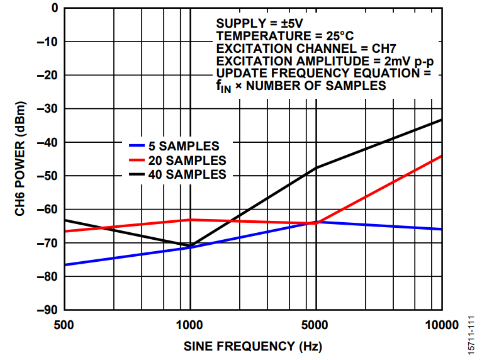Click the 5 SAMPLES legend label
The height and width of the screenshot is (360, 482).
184,144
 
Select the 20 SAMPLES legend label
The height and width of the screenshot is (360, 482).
187,160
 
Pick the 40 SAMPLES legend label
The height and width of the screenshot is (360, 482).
187,174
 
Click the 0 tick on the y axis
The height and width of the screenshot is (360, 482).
54,8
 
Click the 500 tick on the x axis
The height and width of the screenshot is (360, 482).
65,325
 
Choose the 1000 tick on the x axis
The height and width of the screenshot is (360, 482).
190,325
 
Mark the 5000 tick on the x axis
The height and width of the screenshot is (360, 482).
316,325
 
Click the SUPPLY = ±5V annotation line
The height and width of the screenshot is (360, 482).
260,23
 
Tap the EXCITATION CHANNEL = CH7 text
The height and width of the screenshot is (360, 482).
305,48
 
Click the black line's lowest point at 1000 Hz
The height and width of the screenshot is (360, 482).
190,245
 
